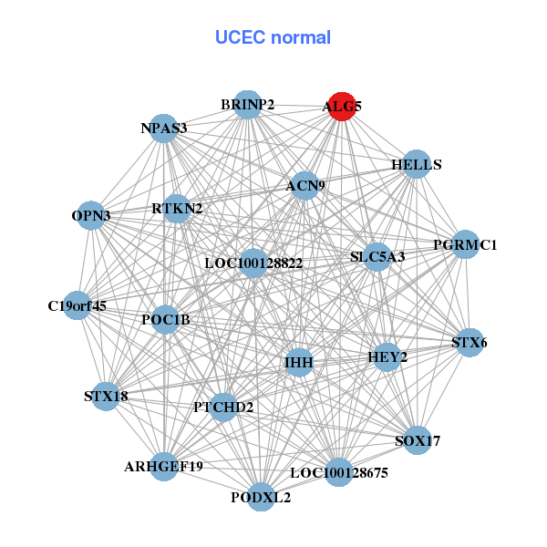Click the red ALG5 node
[342, 106]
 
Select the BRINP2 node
[247, 104]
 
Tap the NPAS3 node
[164, 128]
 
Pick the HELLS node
[417, 164]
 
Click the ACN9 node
[304, 185]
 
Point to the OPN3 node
[90, 215]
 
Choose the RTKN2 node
[177, 208]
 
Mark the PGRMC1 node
[465, 244]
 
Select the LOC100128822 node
[253, 263]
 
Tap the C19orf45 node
[77, 305]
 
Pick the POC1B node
[165, 319]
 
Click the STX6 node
[470, 343]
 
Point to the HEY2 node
[387, 356]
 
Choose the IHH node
[299, 362]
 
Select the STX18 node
[106, 396]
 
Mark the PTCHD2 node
[222, 407]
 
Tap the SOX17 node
[418, 440]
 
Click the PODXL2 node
[262, 497]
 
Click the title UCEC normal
[273, 37]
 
